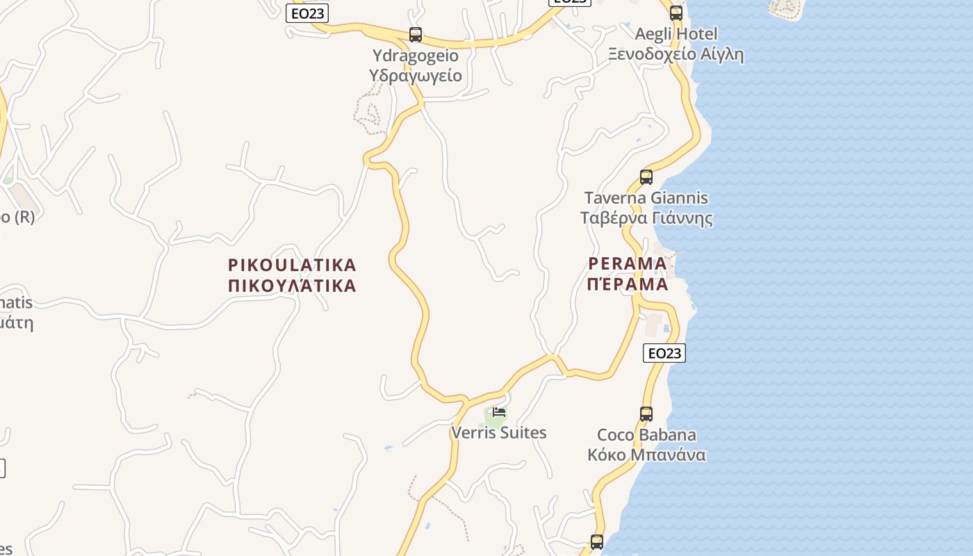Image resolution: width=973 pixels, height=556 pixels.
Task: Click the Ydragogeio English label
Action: [416, 56]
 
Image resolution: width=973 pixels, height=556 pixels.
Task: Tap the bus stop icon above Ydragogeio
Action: [416, 34]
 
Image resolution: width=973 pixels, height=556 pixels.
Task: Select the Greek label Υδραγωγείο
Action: [416, 76]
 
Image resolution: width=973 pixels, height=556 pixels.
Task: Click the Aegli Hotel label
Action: [676, 33]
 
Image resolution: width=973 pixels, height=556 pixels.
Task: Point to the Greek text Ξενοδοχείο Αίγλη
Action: [676, 54]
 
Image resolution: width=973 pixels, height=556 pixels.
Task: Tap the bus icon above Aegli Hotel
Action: [676, 13]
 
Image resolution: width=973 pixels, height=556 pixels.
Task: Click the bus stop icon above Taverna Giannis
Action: [646, 177]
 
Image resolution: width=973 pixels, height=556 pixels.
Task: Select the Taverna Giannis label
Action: [646, 198]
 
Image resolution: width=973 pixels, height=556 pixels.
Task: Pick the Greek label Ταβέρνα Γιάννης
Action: [646, 218]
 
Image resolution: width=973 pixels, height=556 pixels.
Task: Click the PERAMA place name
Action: [628, 263]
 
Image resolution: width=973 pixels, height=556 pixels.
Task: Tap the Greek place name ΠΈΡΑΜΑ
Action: [628, 284]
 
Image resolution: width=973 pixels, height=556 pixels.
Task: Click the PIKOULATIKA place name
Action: [292, 265]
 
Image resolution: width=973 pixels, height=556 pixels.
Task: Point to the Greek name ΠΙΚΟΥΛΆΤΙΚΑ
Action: [292, 286]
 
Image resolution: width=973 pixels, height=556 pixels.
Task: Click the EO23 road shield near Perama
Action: [664, 353]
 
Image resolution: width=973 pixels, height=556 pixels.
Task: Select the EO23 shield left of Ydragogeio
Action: [306, 13]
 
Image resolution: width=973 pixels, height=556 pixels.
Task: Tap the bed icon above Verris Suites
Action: [499, 411]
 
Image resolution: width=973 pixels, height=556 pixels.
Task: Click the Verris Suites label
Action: [499, 433]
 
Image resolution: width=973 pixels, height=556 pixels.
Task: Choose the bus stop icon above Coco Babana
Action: [646, 414]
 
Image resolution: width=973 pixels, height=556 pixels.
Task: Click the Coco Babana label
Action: [646, 435]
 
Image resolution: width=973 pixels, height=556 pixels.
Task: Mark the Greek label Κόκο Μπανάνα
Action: [646, 455]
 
